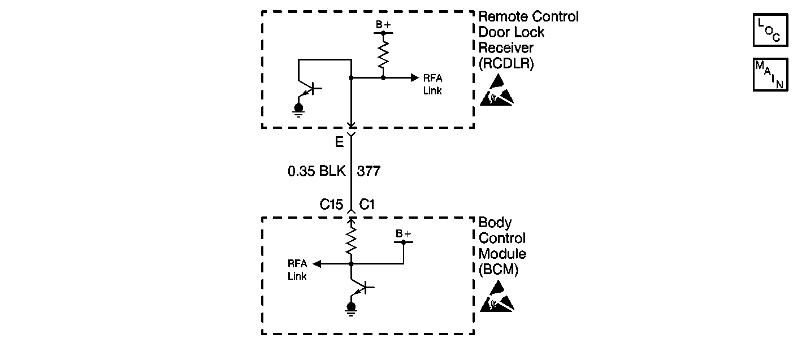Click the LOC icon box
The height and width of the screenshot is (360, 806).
click(770, 30)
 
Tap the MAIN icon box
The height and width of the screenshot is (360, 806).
click(770, 75)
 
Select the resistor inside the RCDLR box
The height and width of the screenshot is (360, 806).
click(383, 55)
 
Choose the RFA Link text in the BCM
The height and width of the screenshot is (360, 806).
click(297, 270)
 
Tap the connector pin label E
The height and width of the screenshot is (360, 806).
click(339, 142)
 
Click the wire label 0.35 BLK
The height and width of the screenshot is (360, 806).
click(316, 171)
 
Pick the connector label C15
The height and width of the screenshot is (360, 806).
click(331, 205)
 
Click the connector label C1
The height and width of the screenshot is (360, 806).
click(367, 205)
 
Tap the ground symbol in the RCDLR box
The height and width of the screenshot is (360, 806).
click(298, 109)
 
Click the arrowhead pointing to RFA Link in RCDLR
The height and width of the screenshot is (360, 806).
click(415, 77)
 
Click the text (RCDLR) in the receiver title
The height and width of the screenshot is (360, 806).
click(506, 64)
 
